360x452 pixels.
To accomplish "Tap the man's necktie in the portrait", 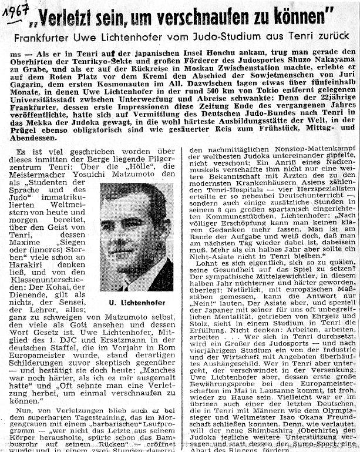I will [x=128, y=286].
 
